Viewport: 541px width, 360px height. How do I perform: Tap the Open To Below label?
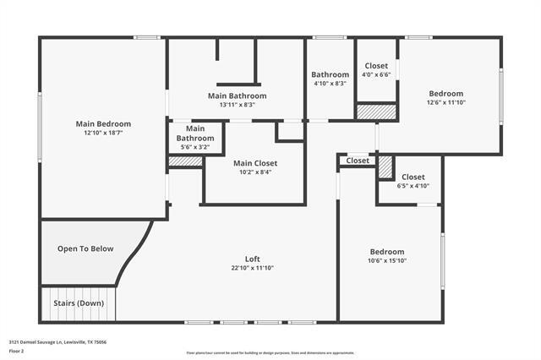pyautogui.click(x=79, y=248)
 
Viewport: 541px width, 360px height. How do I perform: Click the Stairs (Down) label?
pyautogui.click(x=79, y=303)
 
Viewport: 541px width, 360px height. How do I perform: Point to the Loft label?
pyautogui.click(x=252, y=259)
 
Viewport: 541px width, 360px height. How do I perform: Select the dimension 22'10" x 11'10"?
pyautogui.click(x=252, y=268)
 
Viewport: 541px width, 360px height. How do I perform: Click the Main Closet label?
pyautogui.click(x=255, y=163)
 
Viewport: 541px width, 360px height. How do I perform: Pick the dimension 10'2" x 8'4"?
pyautogui.click(x=255, y=172)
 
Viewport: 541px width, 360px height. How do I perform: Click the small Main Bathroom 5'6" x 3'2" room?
pyautogui.click(x=195, y=137)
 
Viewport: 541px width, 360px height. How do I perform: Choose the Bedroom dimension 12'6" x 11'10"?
pyautogui.click(x=445, y=102)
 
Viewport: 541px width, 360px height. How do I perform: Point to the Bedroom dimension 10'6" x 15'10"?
pyautogui.click(x=387, y=261)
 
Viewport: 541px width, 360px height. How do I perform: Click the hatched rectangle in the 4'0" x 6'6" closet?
pyautogui.click(x=376, y=112)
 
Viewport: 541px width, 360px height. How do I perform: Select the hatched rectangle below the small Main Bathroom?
pyautogui.click(x=184, y=161)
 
